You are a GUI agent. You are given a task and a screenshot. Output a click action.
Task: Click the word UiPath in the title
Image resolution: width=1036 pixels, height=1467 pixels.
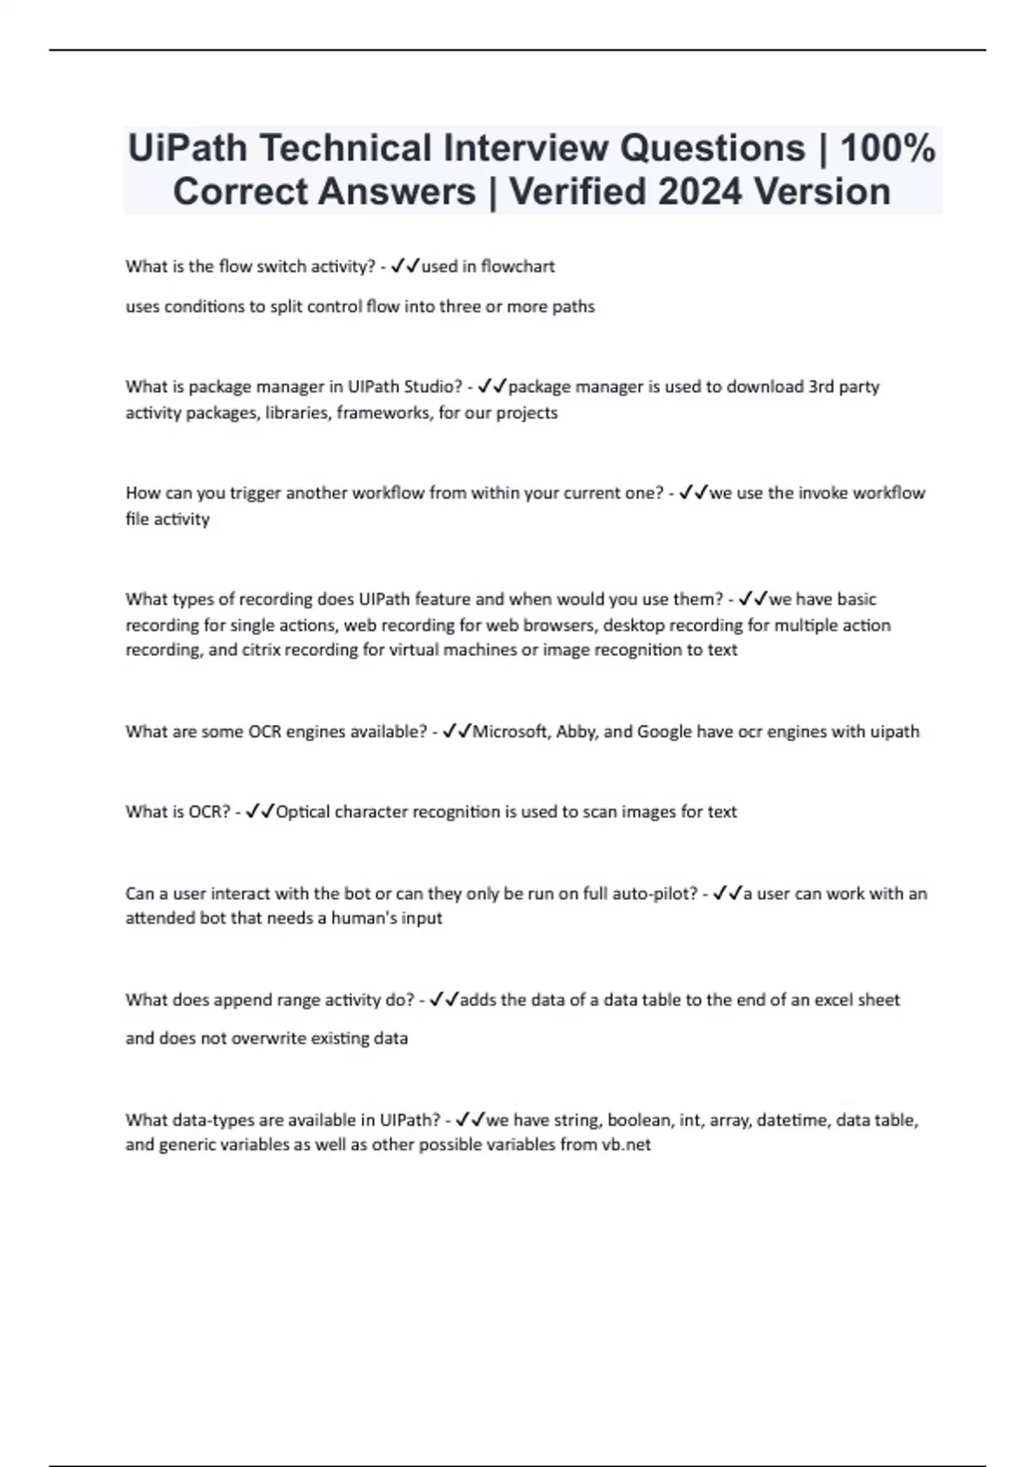pyautogui.click(x=186, y=148)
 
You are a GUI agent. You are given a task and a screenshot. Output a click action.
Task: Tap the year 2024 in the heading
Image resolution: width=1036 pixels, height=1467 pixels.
pyautogui.click(x=700, y=192)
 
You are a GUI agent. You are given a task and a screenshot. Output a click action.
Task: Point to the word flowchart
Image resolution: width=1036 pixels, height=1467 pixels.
pyautogui.click(x=517, y=267)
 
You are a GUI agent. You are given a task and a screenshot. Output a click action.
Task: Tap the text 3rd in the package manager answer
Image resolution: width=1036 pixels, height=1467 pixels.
pyautogui.click(x=821, y=387)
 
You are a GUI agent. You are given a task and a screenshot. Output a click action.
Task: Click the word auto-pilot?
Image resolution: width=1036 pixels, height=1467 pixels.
pyautogui.click(x=655, y=894)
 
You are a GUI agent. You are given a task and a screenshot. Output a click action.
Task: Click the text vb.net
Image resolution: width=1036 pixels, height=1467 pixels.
pyautogui.click(x=626, y=1145)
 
